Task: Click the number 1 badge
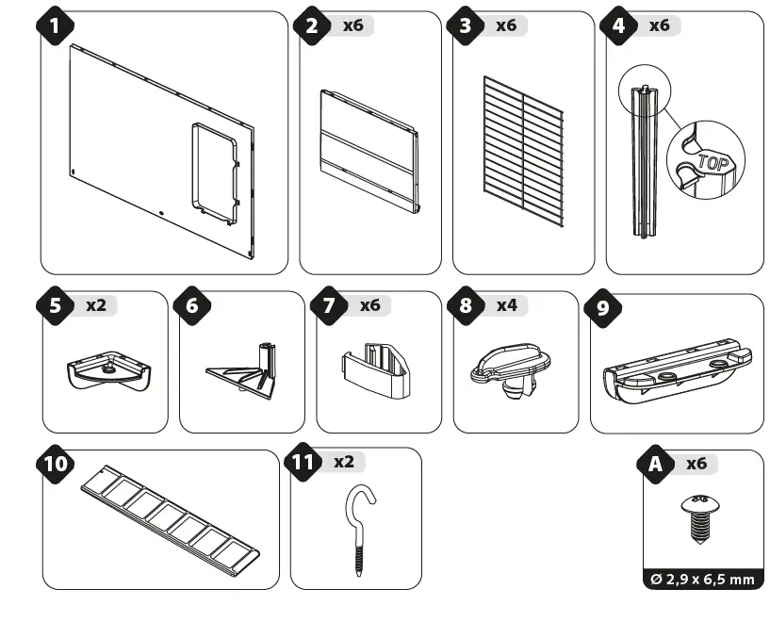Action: click(57, 25)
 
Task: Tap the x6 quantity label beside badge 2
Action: click(352, 25)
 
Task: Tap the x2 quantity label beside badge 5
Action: click(96, 305)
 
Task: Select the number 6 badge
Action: click(193, 305)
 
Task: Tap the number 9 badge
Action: click(603, 308)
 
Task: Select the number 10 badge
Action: click(57, 464)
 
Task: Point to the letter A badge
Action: click(654, 464)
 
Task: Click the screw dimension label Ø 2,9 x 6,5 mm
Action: click(703, 579)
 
